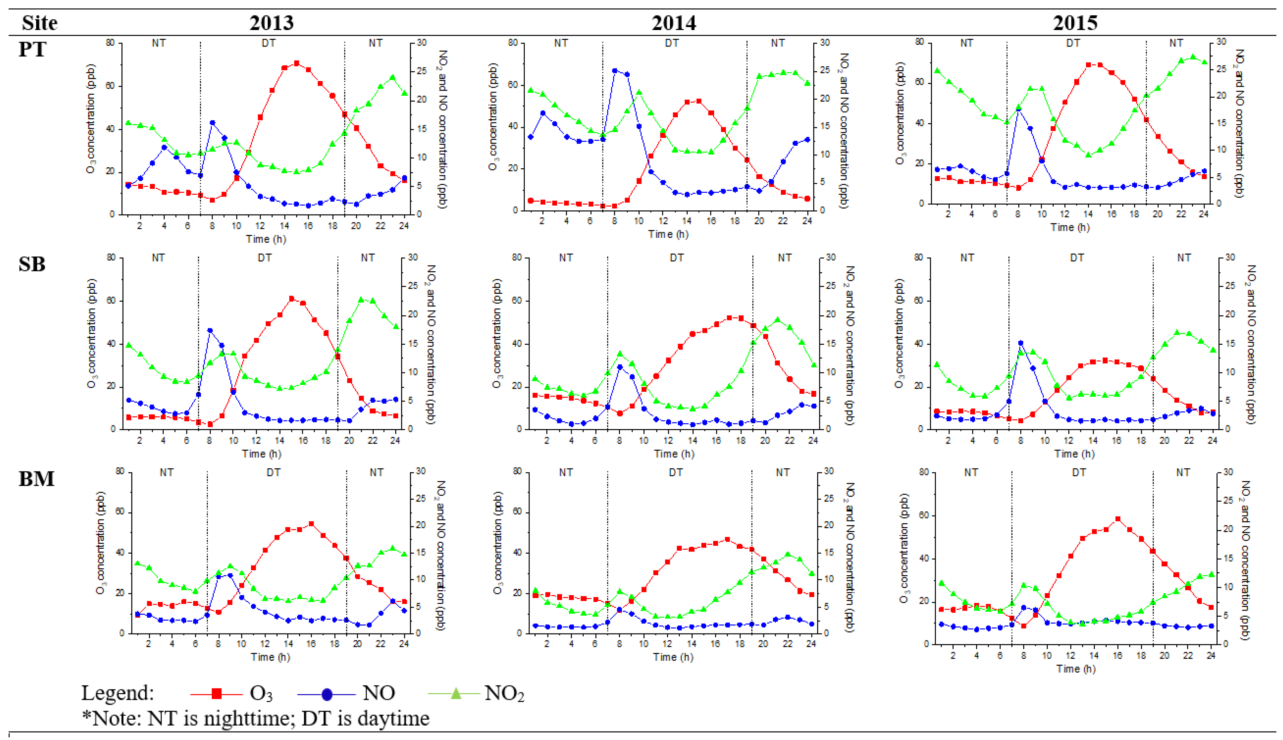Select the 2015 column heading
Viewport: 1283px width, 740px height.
(1075, 23)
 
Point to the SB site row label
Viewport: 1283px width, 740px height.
(32, 264)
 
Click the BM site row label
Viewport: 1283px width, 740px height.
(36, 479)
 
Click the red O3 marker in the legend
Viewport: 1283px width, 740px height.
(217, 693)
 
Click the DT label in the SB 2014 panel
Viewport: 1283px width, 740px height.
(676, 258)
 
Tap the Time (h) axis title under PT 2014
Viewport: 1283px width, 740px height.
(668, 234)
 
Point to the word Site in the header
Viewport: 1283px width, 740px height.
(40, 23)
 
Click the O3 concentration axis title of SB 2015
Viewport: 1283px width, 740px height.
(899, 333)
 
